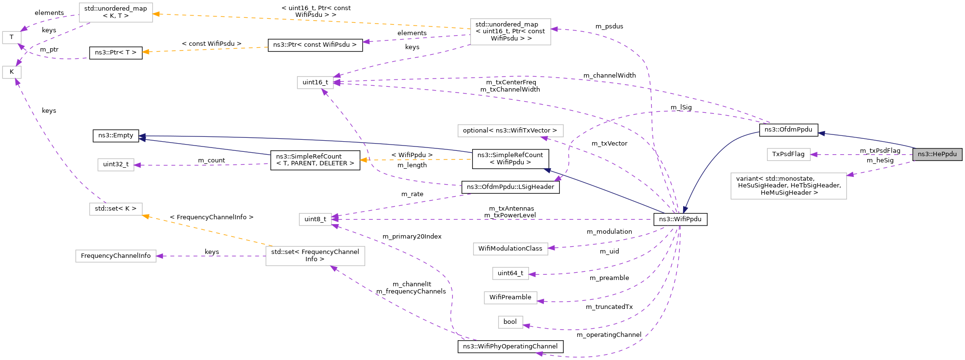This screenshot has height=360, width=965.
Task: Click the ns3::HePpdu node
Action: click(937, 154)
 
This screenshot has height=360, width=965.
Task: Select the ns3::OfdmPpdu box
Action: click(788, 130)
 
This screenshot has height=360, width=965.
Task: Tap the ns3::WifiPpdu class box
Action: click(680, 219)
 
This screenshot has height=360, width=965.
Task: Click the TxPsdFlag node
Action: click(788, 154)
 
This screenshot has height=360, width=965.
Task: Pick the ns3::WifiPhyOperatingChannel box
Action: click(510, 347)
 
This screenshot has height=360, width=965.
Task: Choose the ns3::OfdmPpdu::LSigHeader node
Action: click(510, 187)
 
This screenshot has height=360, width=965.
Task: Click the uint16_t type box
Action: click(315, 82)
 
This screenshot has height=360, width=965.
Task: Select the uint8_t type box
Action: click(315, 219)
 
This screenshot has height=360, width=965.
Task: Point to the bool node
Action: click(510, 322)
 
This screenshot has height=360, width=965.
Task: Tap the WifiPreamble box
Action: click(510, 297)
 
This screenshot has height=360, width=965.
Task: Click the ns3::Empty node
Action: click(116, 135)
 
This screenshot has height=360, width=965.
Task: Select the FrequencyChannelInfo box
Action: click(116, 256)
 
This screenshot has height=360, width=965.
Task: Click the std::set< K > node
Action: click(116, 209)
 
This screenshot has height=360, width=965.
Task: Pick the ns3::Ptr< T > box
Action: click(116, 53)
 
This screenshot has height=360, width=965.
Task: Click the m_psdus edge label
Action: click(609, 27)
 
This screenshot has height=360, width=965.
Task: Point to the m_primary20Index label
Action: click(412, 237)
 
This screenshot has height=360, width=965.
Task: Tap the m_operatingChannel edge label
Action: click(608, 335)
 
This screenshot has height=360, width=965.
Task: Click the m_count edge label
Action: click(212, 160)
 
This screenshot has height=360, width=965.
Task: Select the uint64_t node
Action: click(510, 273)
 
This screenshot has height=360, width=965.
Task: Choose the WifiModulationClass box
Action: click(510, 249)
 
